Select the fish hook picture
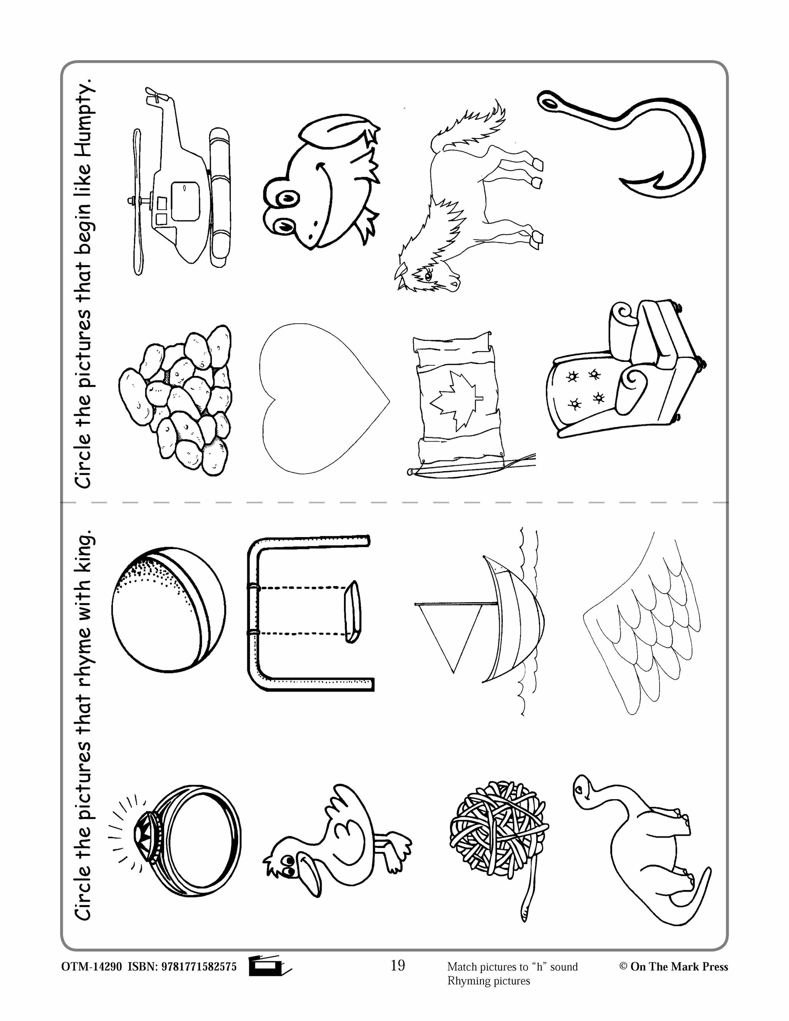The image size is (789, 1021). coord(636,140)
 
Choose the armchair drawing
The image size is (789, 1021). coord(626,374)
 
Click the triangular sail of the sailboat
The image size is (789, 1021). coord(449,631)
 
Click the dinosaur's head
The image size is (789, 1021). coord(584,790)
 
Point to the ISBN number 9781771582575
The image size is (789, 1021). coord(199,967)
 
